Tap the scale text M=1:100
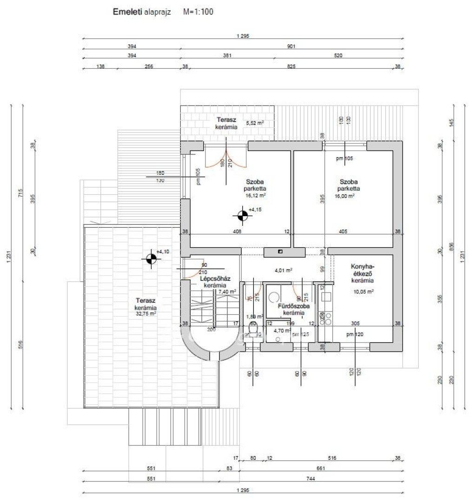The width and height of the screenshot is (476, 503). coord(198,13)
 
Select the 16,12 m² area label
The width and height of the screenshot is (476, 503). coord(255,196)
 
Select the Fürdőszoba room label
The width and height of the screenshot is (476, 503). coord(291,307)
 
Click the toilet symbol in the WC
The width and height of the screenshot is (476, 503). coord(254,329)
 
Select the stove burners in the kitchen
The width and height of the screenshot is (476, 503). coord(327,318)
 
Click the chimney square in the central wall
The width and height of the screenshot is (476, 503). coord(280,252)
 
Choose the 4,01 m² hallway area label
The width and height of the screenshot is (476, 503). coord(283,270)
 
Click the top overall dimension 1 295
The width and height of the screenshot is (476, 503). coord(243,36)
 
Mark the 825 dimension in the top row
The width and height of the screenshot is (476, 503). coord(291,66)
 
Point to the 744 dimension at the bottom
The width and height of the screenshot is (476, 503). coord(321,478)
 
